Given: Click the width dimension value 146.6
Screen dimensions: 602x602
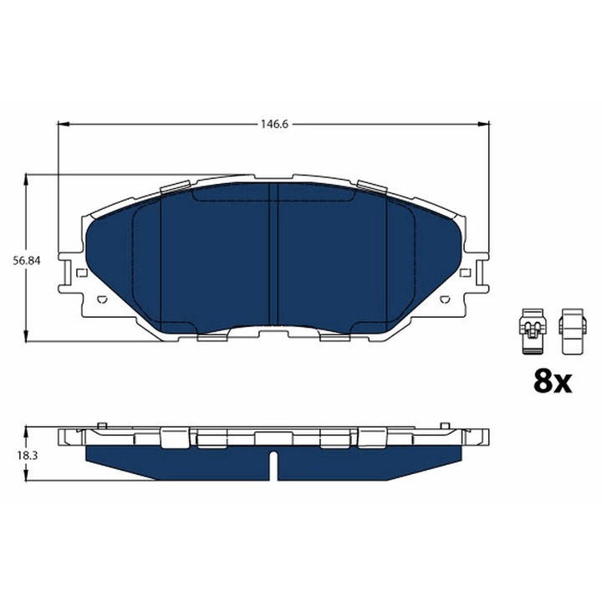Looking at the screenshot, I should [x=273, y=124].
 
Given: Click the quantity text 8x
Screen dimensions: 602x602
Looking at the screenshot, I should [x=551, y=381].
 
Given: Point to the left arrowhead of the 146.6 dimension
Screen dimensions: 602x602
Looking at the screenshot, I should [x=63, y=124].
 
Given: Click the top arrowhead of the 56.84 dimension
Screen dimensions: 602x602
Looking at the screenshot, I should [x=28, y=178].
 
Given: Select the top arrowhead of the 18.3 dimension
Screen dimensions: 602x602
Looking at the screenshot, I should [x=28, y=428].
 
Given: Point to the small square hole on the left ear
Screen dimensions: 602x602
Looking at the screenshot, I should [x=80, y=273].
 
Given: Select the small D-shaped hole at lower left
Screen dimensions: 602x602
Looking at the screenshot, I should [x=102, y=299].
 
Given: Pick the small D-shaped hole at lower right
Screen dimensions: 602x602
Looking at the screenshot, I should [x=443, y=299].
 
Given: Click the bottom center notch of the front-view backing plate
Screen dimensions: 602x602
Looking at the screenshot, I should [x=273, y=333].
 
